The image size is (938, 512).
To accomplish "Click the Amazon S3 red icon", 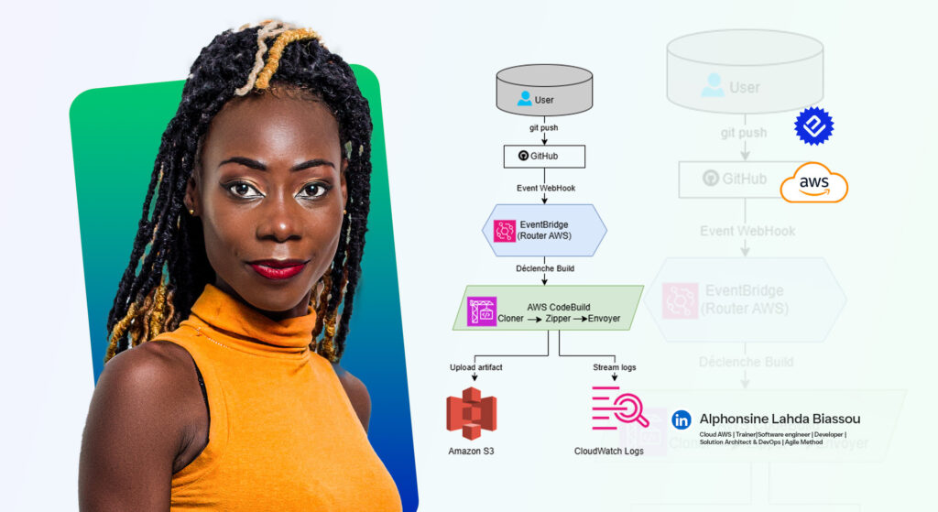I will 471,415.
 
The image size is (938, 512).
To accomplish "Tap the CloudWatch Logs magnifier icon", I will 620,409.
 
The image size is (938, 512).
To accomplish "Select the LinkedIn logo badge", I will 682,419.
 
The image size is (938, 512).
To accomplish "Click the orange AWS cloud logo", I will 813,182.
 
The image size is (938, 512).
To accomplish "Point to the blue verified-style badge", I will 813,126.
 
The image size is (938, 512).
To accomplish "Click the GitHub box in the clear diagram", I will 544,156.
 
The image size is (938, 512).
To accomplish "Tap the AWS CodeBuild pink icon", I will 482,311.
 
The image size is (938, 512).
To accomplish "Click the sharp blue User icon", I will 524,98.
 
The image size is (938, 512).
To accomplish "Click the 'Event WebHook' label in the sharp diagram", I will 544,187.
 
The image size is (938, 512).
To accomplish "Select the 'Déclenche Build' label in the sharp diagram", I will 544,268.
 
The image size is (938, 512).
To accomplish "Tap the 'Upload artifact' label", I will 476,367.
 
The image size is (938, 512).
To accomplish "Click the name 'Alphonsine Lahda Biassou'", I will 780,419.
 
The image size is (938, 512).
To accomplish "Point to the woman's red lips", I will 278,268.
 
